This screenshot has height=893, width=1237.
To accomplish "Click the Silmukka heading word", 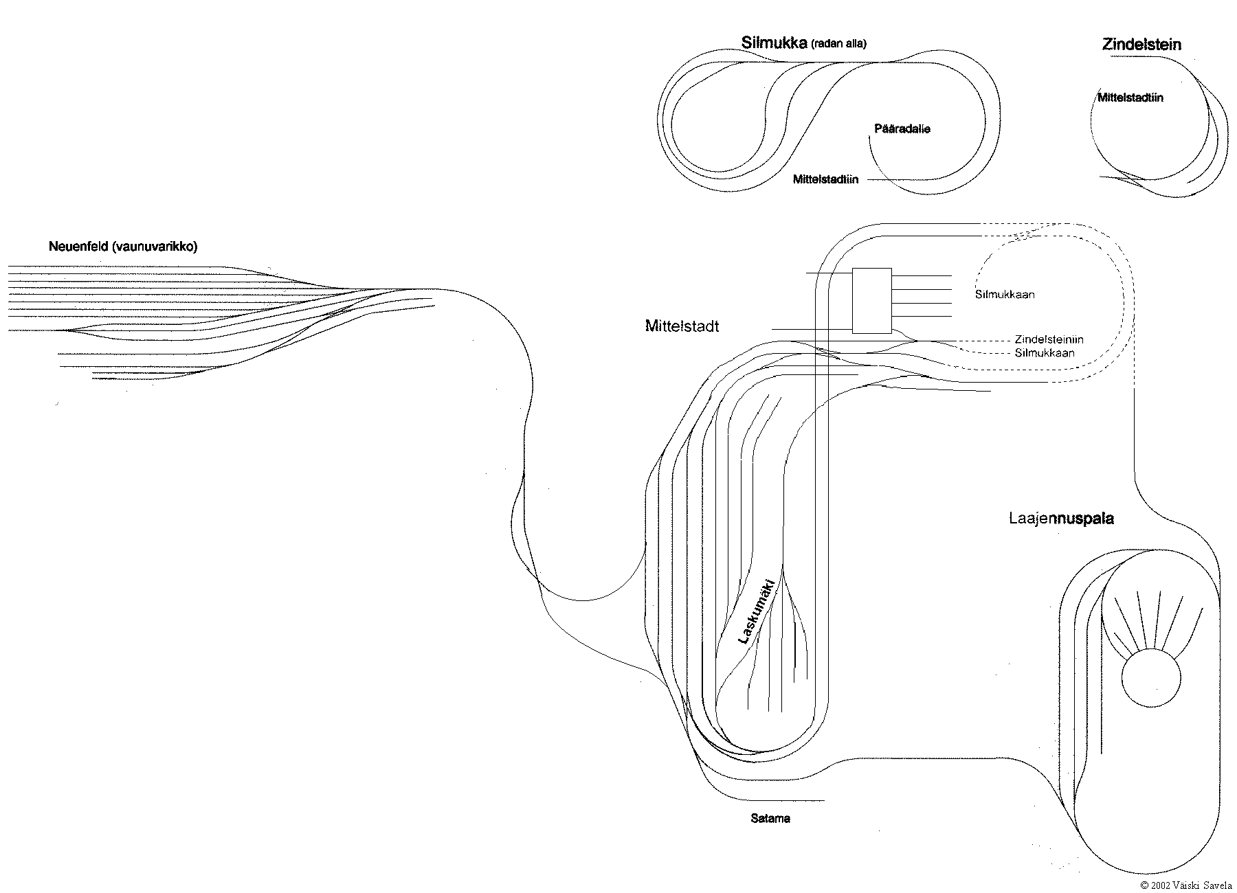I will [774, 43].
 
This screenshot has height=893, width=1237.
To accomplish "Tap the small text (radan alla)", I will [839, 44].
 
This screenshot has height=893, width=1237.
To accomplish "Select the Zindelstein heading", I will [1141, 45].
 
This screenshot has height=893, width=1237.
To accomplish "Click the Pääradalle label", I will [902, 128].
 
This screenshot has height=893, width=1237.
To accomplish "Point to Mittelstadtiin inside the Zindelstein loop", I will [1130, 98].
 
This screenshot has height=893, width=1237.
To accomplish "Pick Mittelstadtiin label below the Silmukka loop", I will [825, 180].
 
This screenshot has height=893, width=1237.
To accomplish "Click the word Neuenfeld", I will [76, 247].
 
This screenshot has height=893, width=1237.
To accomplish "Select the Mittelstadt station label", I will [682, 326].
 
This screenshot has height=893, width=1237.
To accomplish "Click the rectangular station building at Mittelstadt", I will [871, 300].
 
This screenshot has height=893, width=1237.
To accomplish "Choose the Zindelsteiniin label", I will [1049, 340].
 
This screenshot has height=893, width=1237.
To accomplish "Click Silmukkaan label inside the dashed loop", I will [1005, 295].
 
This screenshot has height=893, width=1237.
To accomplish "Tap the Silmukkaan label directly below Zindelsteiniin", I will [1045, 353].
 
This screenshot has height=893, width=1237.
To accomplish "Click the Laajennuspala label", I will [1061, 519].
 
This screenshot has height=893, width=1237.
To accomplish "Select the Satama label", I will [770, 819].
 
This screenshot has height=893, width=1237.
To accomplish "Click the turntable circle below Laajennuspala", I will [1151, 678].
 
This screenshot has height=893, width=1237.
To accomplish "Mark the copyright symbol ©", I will [1144, 885].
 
